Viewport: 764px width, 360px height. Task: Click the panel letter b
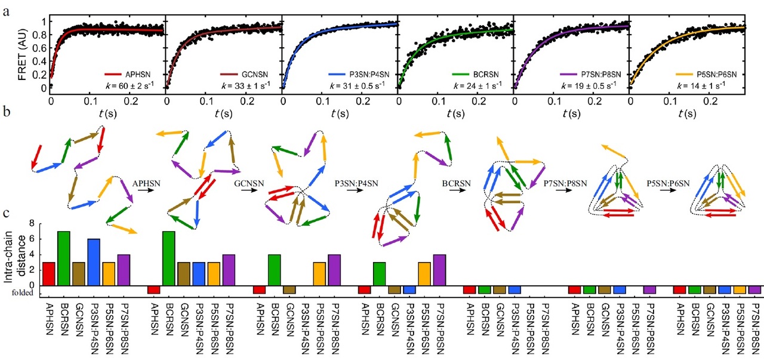coord(5,112)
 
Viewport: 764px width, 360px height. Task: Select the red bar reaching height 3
coord(50,273)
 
